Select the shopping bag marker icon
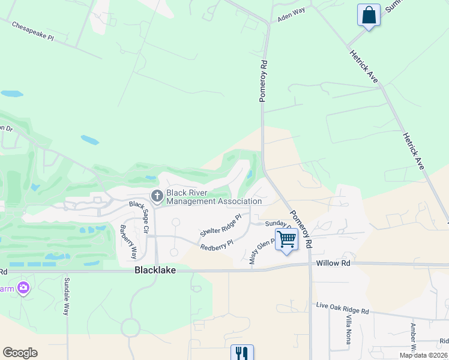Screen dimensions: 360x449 368,16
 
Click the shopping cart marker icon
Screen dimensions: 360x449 287,239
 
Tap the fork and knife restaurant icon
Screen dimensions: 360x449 242,352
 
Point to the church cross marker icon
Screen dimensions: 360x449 157,196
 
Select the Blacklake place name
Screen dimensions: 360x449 155,271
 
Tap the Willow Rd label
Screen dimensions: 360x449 333,263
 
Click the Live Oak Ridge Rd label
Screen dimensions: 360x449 342,308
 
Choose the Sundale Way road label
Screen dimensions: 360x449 67,296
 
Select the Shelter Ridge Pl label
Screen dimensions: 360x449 220,224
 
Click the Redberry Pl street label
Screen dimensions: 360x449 217,245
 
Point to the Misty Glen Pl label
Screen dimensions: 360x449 262,250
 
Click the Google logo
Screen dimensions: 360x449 20,353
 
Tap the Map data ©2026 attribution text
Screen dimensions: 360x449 423,355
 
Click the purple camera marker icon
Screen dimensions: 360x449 24,288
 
